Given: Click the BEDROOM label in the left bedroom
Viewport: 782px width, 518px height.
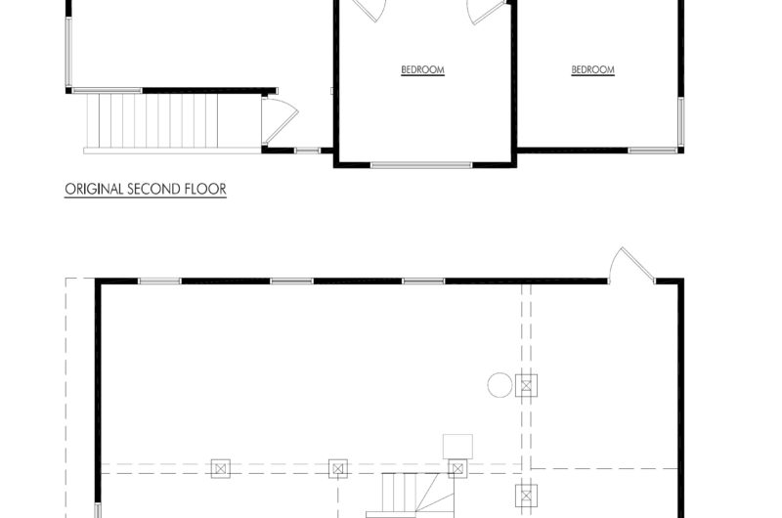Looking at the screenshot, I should pos(422,69).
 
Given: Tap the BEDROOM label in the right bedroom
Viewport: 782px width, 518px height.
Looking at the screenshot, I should pos(592,69).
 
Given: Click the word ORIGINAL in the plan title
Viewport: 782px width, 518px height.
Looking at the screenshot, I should pos(94,190).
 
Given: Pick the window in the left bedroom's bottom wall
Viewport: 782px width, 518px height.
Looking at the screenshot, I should pos(421,164).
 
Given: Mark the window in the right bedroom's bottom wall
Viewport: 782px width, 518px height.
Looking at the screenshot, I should pos(652,151).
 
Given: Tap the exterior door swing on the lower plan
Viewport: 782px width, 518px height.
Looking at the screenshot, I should pos(624,264).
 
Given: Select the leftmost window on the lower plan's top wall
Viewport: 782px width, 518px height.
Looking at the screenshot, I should pos(159,281).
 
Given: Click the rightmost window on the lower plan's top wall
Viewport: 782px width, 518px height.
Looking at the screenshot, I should pos(423,281).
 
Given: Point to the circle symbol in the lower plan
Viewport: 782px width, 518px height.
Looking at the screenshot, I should pos(500,385).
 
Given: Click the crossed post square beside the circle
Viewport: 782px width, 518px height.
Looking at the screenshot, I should pos(528,385).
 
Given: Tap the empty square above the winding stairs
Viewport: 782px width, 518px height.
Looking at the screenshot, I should pos(456,445).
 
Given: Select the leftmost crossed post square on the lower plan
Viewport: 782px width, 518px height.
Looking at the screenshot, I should pos(219,468).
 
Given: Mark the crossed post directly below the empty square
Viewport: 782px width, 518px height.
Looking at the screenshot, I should pos(456,468).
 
